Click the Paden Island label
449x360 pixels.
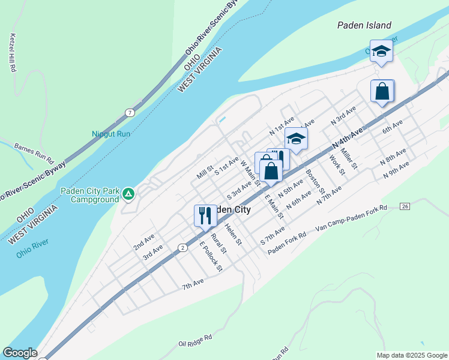364,25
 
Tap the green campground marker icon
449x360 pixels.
128,194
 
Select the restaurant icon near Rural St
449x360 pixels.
205,216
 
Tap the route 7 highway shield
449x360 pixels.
130,113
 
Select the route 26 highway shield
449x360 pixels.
405,206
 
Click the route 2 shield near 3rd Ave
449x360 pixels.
181,247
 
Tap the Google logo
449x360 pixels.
19,353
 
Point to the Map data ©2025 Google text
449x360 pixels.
412,355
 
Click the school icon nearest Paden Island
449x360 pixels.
381,52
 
